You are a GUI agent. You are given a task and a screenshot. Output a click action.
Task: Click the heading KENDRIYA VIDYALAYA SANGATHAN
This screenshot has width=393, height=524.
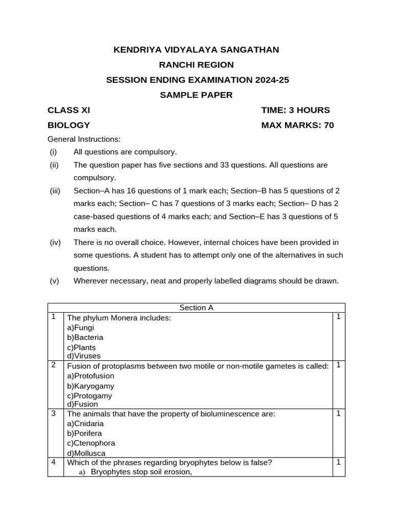click(x=196, y=50)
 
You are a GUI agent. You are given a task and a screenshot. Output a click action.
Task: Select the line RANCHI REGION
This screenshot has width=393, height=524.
click(x=196, y=64)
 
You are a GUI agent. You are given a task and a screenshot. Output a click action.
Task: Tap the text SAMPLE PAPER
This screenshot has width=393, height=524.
click(x=196, y=95)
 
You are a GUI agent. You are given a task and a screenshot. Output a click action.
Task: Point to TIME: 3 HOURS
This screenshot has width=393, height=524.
click(x=295, y=110)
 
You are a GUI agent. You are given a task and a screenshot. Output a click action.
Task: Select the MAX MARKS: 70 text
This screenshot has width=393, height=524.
click(x=297, y=125)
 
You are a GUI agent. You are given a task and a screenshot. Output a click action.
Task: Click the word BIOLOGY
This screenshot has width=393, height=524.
click(x=69, y=125)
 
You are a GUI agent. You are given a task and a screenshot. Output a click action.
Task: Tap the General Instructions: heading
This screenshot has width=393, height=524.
click(x=84, y=139)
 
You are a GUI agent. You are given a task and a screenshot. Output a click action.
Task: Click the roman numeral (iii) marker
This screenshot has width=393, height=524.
click(x=55, y=191)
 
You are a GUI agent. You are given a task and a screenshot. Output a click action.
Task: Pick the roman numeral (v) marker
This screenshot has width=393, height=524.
click(x=54, y=280)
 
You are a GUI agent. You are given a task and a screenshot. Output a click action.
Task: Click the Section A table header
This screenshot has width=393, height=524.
click(x=196, y=308)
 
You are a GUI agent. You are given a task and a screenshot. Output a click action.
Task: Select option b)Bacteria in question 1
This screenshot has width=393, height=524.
click(x=85, y=337)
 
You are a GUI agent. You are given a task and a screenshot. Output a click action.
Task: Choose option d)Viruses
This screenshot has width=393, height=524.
click(x=84, y=356)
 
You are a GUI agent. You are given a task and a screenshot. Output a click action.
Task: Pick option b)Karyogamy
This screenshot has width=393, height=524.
click(x=91, y=386)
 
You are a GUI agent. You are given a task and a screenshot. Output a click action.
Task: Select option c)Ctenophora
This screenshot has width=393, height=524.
click(x=91, y=443)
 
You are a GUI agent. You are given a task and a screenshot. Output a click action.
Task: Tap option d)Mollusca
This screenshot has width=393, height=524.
click(x=89, y=453)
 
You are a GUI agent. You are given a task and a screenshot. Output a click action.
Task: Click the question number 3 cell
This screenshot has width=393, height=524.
click(x=54, y=413)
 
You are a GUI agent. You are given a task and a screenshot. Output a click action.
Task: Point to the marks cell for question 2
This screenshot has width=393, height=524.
click(x=338, y=365)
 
